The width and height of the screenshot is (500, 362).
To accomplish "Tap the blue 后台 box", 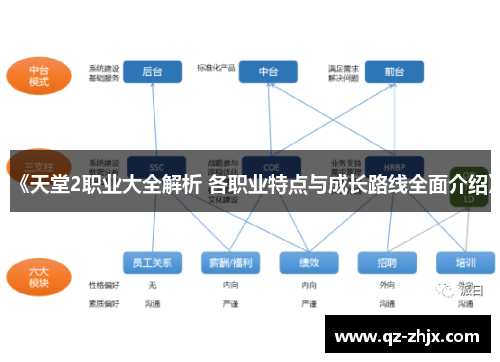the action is click(x=152, y=72).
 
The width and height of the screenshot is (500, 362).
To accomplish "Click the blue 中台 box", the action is click(x=268, y=72).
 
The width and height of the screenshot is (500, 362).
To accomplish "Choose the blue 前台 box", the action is click(x=393, y=72).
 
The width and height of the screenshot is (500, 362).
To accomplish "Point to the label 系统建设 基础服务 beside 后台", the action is click(x=104, y=73).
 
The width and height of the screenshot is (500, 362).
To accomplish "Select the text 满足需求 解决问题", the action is click(x=342, y=73).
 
